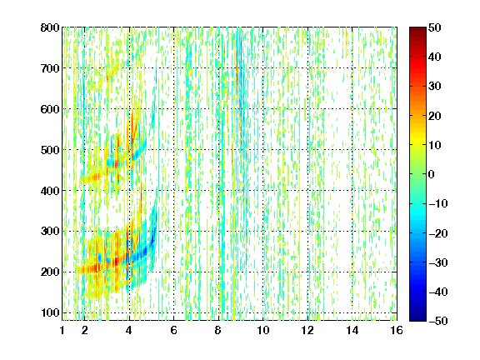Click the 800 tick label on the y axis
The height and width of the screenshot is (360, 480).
[50, 27]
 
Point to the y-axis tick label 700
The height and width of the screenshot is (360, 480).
[50, 68]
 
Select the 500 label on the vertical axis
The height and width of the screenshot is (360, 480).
[50, 150]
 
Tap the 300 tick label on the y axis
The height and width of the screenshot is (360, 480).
[50, 232]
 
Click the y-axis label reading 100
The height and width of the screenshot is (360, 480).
[50, 312]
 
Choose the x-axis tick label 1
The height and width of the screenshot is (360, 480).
[62, 330]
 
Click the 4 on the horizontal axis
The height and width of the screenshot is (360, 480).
[129, 330]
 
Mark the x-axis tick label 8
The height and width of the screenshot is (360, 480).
[218, 330]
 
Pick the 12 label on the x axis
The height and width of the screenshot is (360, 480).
[307, 330]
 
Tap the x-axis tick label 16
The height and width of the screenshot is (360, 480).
[397, 330]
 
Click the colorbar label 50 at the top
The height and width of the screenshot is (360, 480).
[435, 27]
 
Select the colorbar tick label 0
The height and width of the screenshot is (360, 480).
[432, 174]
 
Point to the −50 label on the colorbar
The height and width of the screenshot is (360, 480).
[438, 321]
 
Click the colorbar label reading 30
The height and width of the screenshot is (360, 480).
[435, 87]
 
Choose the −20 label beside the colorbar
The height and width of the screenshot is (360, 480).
[438, 233]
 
